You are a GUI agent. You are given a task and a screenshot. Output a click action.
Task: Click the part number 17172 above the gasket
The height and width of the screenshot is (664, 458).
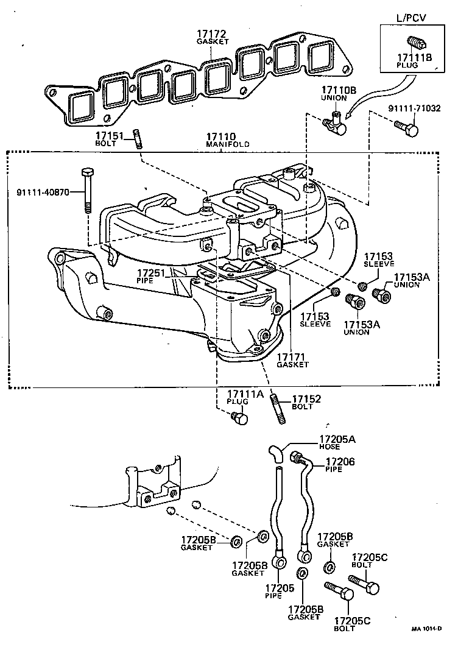[212, 33]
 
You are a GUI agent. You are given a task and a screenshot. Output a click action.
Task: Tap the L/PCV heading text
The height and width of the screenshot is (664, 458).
[412, 18]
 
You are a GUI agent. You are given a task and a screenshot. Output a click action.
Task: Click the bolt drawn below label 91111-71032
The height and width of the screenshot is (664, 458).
[407, 129]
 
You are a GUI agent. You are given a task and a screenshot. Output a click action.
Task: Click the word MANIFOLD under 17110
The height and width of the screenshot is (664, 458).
[227, 144]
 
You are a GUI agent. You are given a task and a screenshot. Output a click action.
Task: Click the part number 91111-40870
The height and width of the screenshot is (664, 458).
[43, 192]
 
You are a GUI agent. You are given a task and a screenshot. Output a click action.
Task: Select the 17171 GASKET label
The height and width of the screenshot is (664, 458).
[292, 359]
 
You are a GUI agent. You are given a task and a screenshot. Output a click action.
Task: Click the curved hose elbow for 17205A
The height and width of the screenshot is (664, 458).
[275, 453]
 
